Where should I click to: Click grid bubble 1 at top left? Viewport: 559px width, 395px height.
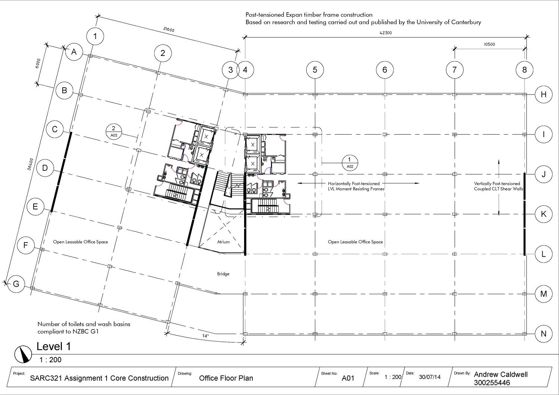click(95, 36)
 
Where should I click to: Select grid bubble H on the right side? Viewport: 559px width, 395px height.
click(543, 94)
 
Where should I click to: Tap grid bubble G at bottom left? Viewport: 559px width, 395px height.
click(16, 284)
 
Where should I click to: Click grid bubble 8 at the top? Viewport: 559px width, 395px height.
click(524, 70)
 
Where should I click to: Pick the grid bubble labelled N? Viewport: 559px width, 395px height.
click(543, 334)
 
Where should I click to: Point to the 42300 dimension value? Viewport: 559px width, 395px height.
click(386, 33)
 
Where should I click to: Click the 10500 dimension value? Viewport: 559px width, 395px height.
click(489, 44)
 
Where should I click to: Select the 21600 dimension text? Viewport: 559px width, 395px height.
click(169, 30)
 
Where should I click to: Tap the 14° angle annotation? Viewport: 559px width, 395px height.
click(205, 336)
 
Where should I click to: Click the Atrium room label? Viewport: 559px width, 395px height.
click(223, 242)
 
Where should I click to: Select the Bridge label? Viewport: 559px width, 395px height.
click(223, 274)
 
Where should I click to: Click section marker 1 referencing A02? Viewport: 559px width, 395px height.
click(350, 163)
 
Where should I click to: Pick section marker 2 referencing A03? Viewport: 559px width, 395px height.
click(114, 132)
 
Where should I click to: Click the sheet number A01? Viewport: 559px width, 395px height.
click(348, 378)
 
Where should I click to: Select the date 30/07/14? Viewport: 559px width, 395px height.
click(429, 377)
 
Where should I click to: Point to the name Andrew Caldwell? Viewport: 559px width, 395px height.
click(500, 375)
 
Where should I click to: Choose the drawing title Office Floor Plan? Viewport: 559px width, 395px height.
click(226, 378)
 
